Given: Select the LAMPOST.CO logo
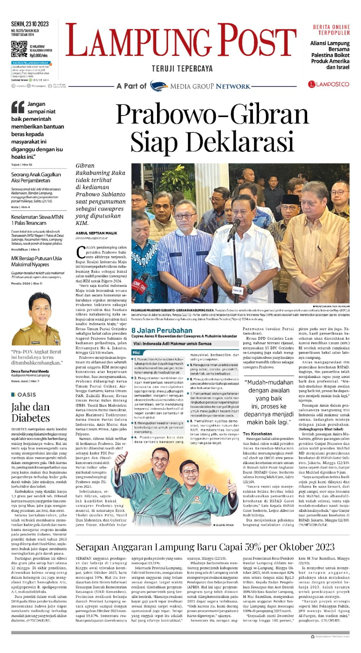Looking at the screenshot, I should click(x=329, y=84).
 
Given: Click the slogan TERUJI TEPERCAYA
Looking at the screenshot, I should click(x=182, y=69).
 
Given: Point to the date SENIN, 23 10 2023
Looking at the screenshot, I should click(x=30, y=24).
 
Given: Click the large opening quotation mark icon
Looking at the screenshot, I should click(x=18, y=107).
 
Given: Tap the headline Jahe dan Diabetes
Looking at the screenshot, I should click(x=31, y=412).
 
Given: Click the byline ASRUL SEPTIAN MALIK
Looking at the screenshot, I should click(x=96, y=233).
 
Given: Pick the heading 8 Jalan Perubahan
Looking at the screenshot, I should click(x=162, y=330).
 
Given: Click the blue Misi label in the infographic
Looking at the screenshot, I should click(x=136, y=352).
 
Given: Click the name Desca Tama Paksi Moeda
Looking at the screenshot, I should click(x=30, y=371).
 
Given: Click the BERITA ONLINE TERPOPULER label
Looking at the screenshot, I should click(x=331, y=30).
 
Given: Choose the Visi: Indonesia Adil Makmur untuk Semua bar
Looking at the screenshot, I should click(x=172, y=344).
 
